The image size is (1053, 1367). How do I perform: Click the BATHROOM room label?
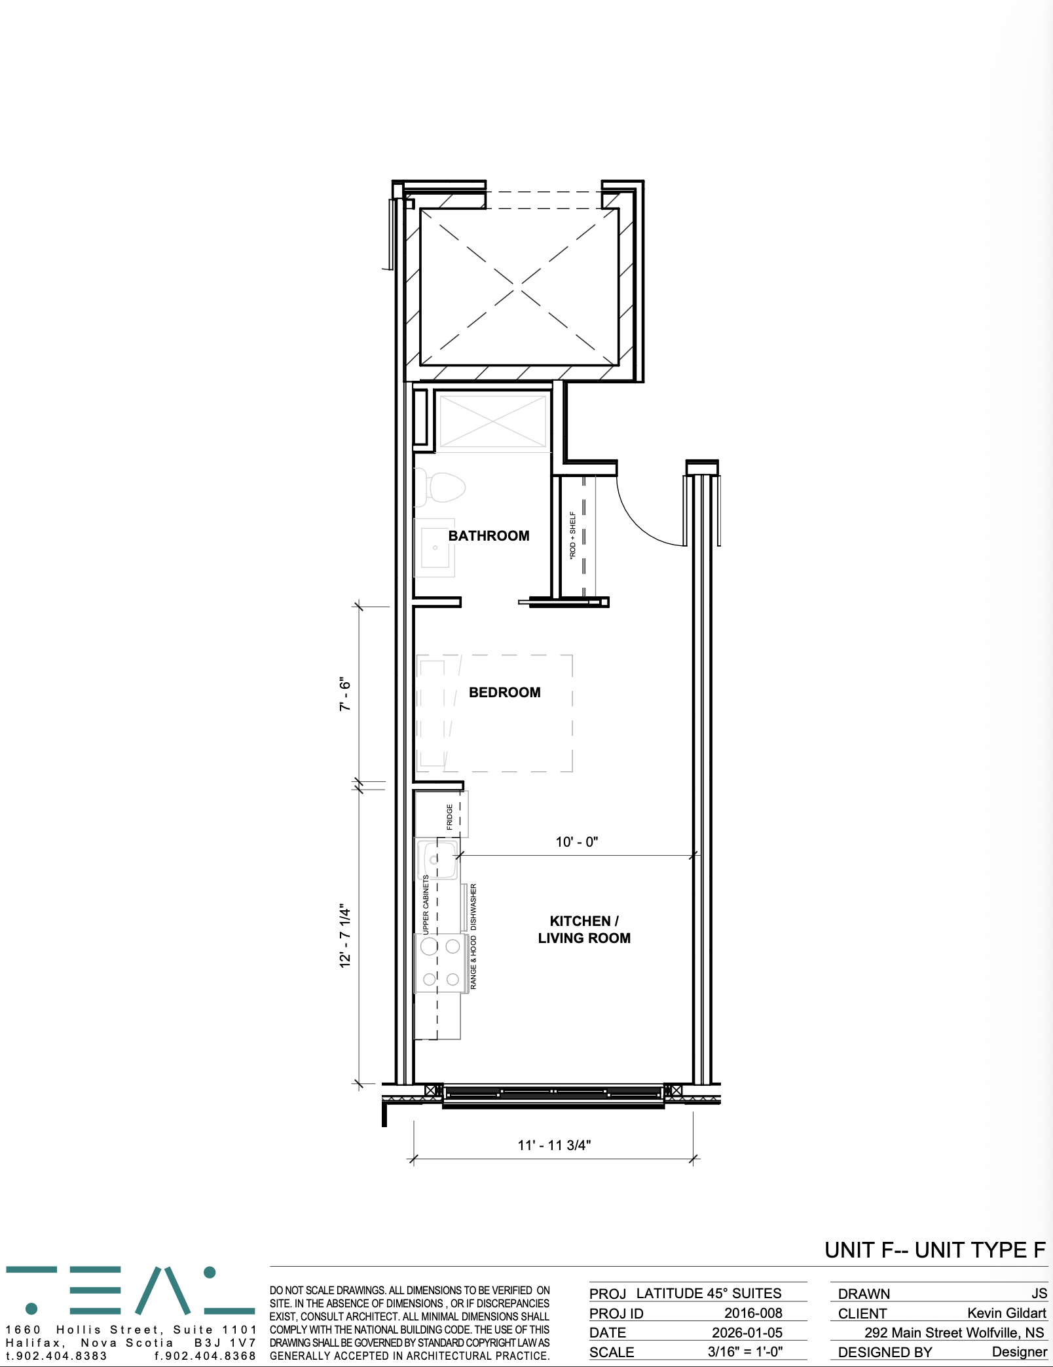pyautogui.click(x=489, y=536)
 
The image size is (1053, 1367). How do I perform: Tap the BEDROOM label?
pyautogui.click(x=505, y=693)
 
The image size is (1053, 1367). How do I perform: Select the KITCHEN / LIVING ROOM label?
pyautogui.click(x=584, y=930)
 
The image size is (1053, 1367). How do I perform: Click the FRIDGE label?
pyautogui.click(x=450, y=817)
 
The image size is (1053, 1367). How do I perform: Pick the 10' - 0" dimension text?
pyautogui.click(x=577, y=842)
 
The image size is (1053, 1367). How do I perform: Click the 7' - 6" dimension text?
pyautogui.click(x=345, y=694)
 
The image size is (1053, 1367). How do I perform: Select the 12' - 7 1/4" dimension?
pyautogui.click(x=345, y=936)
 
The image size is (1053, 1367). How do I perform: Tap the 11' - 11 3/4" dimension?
pyautogui.click(x=554, y=1145)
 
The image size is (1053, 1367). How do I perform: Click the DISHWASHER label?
pyautogui.click(x=473, y=907)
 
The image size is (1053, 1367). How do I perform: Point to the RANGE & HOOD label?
pyautogui.click(x=473, y=962)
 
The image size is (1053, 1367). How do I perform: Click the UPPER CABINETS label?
pyautogui.click(x=426, y=905)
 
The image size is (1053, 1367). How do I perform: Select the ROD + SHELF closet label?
pyautogui.click(x=573, y=535)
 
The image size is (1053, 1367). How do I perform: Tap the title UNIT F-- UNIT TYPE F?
pyautogui.click(x=935, y=1250)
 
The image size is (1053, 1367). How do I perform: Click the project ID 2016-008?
pyautogui.click(x=753, y=1313)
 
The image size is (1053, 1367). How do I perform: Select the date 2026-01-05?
pyautogui.click(x=747, y=1332)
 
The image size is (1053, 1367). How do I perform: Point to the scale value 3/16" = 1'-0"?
pyautogui.click(x=745, y=1351)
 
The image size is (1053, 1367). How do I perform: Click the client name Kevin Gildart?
pyautogui.click(x=1007, y=1313)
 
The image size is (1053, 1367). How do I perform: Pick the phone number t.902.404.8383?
pyautogui.click(x=56, y=1356)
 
